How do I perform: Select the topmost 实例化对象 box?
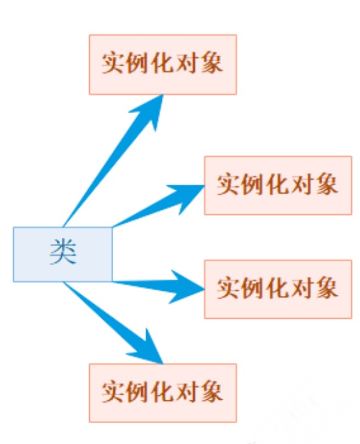point(162,65)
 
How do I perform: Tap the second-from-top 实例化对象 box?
point(278,185)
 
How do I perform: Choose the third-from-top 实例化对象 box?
point(278,289)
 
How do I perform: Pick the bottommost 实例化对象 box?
point(162,393)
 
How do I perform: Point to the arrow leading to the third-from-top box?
point(159,284)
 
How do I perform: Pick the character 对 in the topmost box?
point(187,65)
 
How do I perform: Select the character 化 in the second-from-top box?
point(278,185)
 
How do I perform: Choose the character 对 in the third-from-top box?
point(303,289)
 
